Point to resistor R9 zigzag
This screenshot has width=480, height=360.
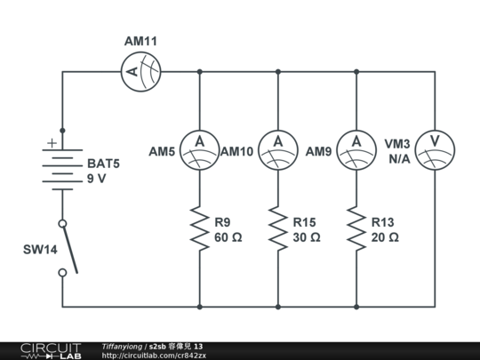tap(199, 228)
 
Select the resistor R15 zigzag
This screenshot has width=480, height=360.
tap(278, 228)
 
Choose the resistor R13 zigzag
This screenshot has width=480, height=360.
tap(356, 228)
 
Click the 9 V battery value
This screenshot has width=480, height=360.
tap(96, 179)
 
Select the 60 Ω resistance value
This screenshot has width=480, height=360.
tap(228, 237)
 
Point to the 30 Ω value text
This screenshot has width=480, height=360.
tap(306, 237)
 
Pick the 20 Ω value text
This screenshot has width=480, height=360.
tap(384, 237)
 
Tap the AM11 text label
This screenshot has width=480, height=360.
tap(140, 42)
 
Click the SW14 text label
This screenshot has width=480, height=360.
tap(40, 250)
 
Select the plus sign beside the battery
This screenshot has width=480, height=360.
tap(52, 142)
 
